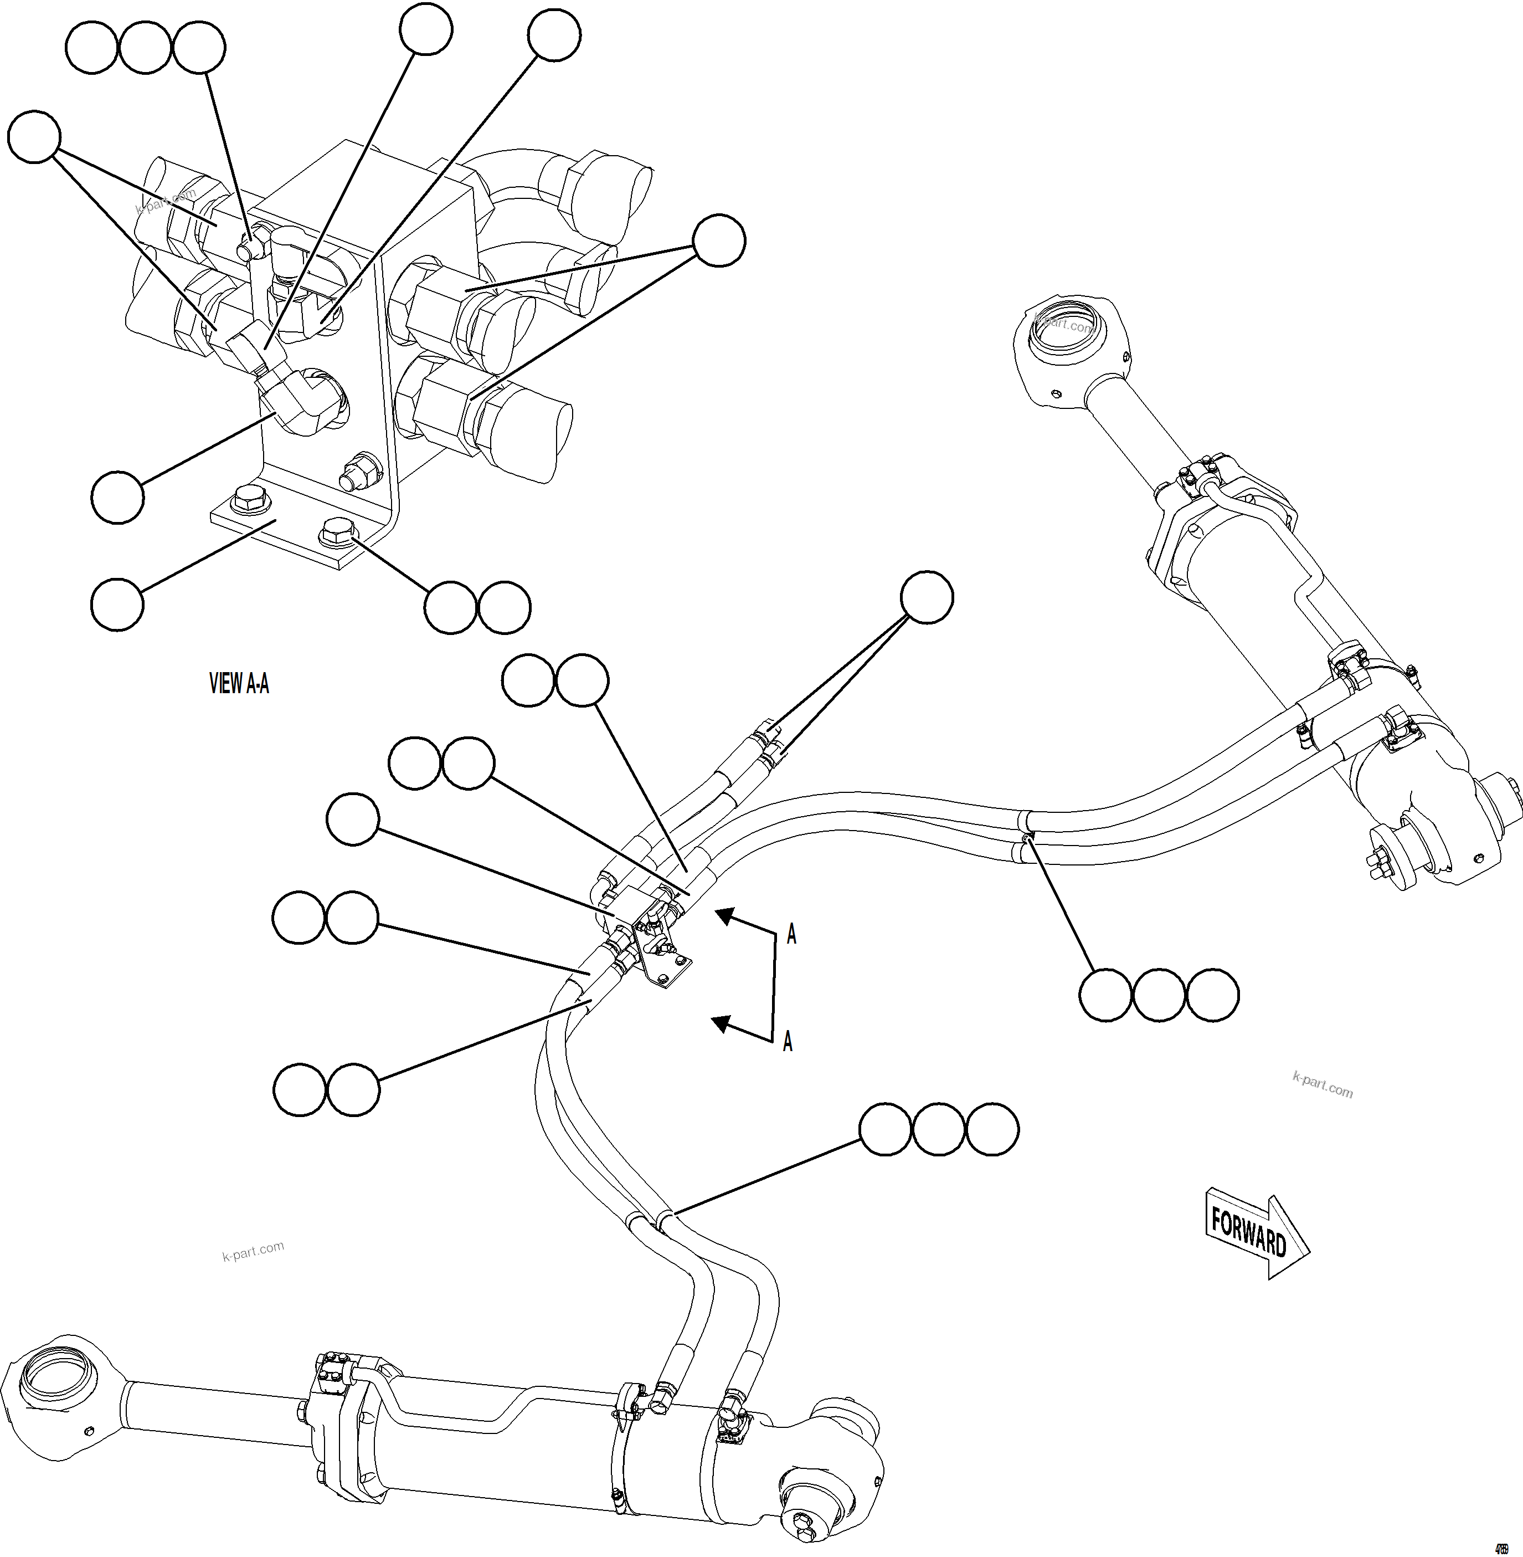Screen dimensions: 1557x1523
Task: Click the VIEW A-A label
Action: (x=238, y=683)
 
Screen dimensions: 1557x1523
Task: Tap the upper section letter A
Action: (x=791, y=934)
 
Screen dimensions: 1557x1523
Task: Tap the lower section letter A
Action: (x=787, y=1041)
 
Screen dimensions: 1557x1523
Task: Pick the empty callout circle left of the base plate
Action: (x=117, y=605)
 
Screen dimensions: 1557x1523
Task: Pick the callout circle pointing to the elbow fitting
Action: (x=117, y=498)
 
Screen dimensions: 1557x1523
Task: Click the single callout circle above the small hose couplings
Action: (x=927, y=597)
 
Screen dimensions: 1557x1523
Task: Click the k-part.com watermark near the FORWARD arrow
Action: (x=1322, y=1085)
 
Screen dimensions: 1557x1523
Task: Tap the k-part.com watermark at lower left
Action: (x=253, y=1251)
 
